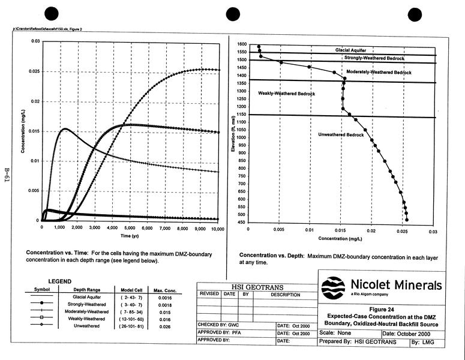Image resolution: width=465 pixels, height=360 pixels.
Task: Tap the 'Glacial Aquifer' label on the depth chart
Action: pyautogui.click(x=351, y=50)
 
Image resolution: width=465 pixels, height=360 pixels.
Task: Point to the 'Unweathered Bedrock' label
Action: pyautogui.click(x=341, y=134)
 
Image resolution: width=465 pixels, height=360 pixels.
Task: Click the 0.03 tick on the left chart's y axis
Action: pyautogui.click(x=35, y=41)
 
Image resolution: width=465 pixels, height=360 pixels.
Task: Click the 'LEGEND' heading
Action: pyautogui.click(x=59, y=281)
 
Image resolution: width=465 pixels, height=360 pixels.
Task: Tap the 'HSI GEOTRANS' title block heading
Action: pyautogui.click(x=256, y=287)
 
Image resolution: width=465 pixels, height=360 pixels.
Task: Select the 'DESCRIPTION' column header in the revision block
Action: pyautogui.click(x=285, y=295)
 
